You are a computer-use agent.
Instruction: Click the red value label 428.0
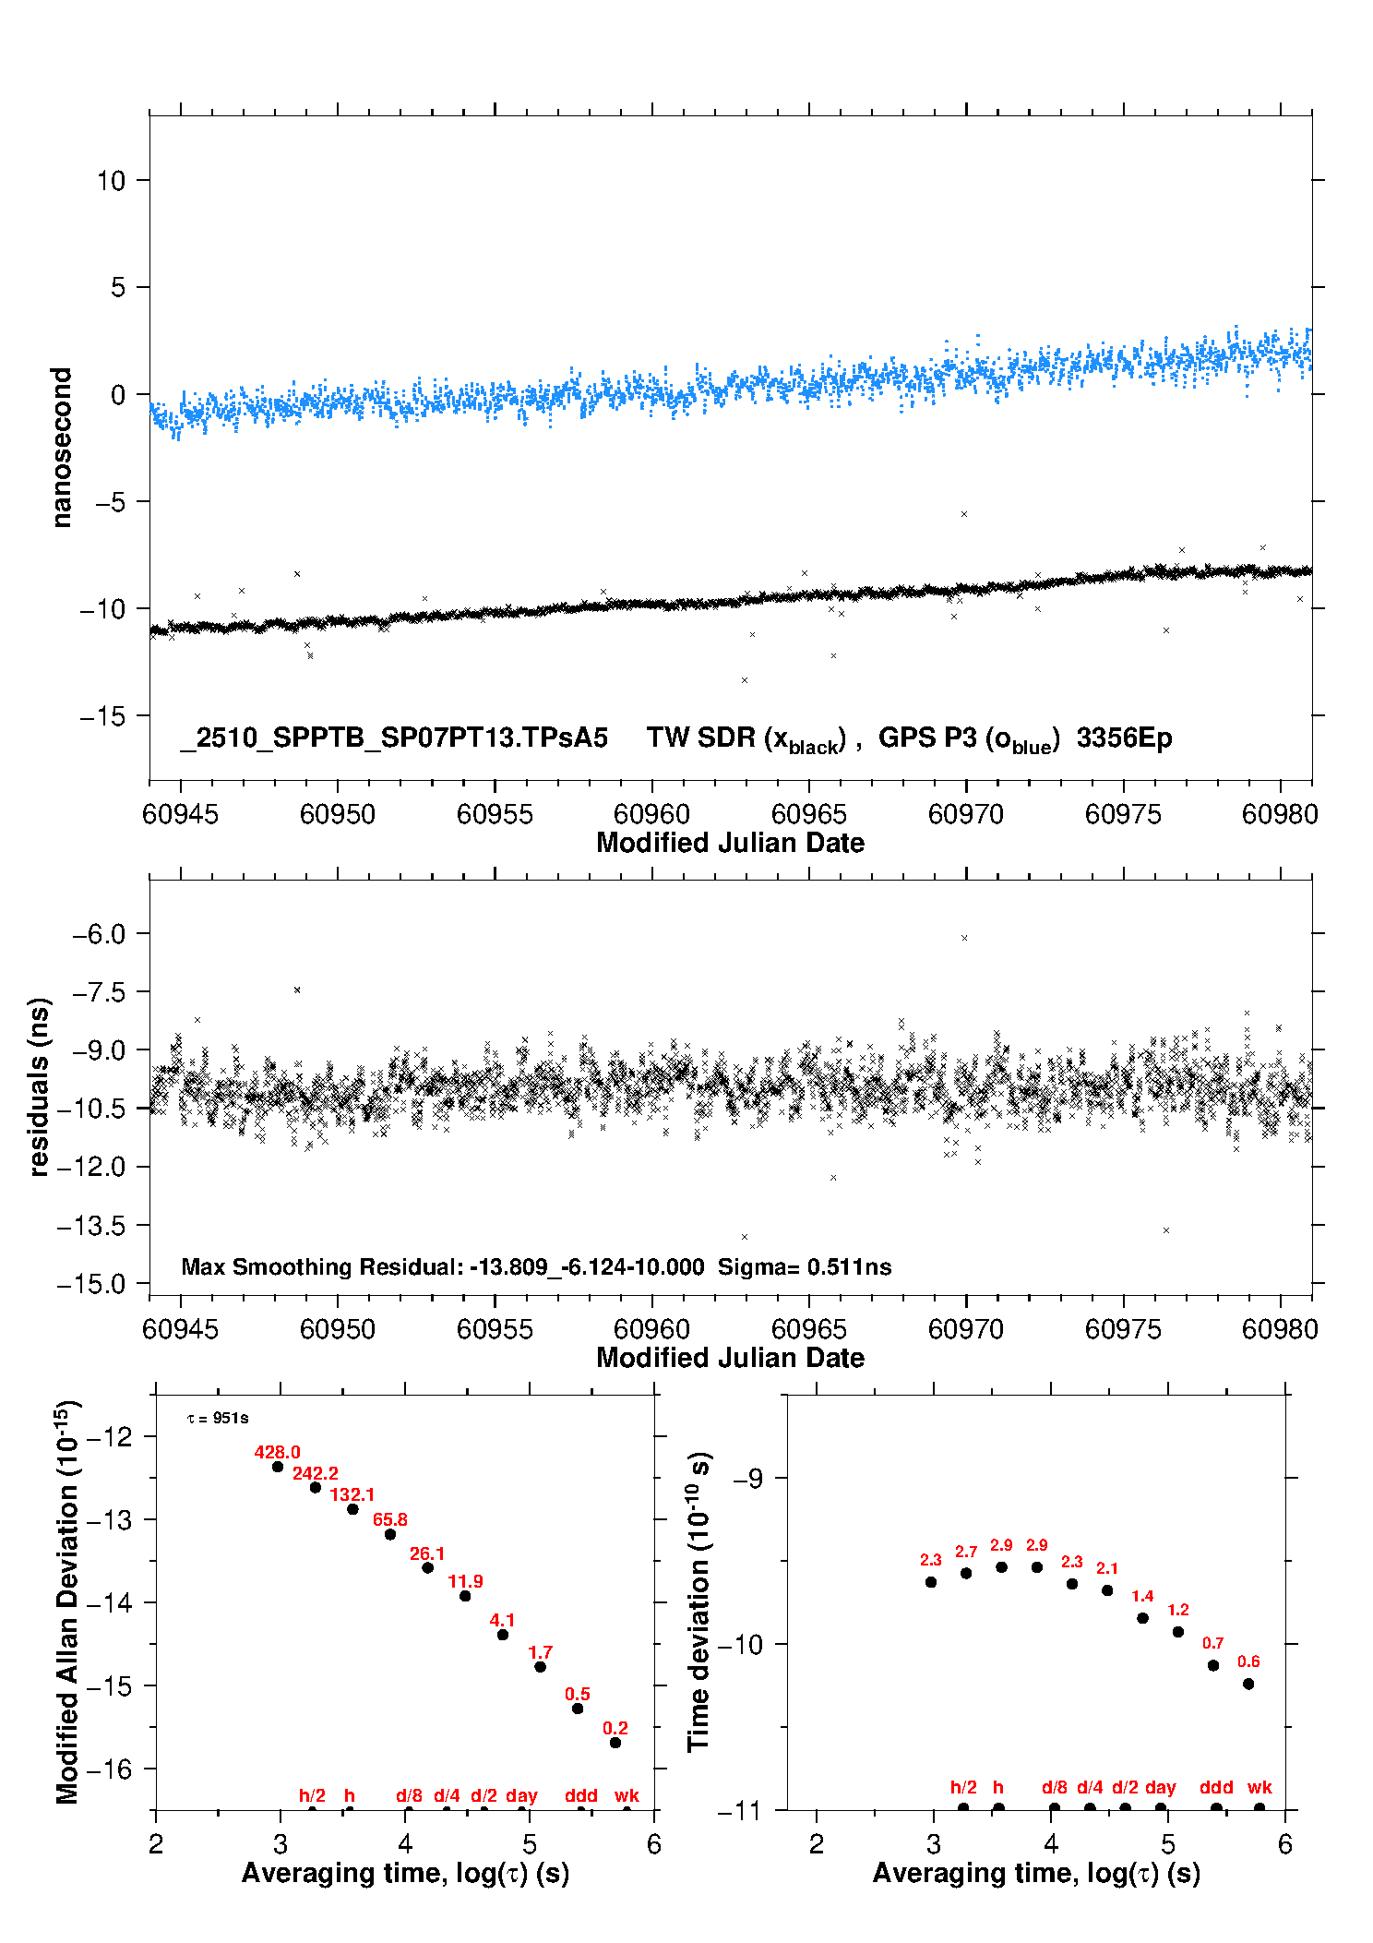[277, 1452]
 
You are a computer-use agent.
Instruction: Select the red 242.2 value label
[315, 1473]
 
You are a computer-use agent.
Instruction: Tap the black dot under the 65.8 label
[390, 1534]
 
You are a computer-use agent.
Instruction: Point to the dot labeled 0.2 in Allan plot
[615, 1743]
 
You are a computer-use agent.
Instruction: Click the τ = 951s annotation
[218, 1418]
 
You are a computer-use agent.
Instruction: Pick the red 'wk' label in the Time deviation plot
[1260, 1787]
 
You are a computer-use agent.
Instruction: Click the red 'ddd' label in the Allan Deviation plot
[581, 1795]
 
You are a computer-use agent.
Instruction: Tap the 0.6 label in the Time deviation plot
[1248, 1661]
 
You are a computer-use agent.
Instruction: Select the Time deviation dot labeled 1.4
[1142, 1618]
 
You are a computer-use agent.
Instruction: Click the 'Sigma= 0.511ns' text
[805, 1266]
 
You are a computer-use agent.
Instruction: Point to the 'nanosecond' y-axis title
[61, 448]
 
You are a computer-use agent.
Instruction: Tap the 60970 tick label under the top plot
[965, 814]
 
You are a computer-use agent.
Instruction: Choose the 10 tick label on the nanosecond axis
[111, 181]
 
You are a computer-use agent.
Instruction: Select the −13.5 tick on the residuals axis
[91, 1226]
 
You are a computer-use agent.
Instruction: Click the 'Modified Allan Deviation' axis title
[66, 1602]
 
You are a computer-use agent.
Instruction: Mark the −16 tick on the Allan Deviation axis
[109, 1769]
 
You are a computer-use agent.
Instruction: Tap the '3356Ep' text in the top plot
[1124, 738]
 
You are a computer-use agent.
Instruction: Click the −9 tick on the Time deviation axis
[747, 1479]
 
